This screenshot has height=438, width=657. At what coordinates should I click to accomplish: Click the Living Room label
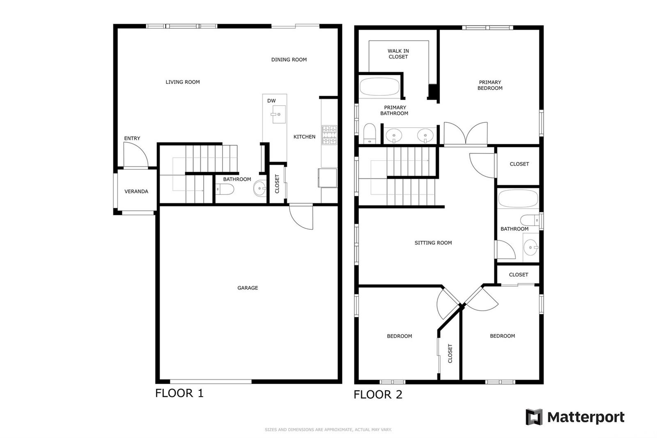[182, 82]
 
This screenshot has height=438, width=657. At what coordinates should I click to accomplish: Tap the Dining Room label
[289, 60]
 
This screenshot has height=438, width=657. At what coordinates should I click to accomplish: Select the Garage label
[248, 288]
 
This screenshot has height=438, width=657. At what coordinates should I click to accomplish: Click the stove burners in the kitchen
[329, 135]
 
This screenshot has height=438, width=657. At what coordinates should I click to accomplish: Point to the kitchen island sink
[278, 114]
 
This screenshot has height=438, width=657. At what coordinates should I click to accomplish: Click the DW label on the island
[271, 101]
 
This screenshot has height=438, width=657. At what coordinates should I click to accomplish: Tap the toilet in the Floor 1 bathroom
[225, 189]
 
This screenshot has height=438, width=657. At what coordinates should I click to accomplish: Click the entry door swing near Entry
[136, 155]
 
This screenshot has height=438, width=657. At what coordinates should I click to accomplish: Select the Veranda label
[136, 191]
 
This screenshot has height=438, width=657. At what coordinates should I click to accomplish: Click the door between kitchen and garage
[301, 217]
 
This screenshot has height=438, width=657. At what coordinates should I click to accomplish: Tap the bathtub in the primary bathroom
[379, 87]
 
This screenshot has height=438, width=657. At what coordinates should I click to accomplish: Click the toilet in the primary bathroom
[370, 134]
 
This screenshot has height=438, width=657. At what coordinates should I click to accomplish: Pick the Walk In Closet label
[398, 54]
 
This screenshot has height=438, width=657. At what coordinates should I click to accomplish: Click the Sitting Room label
[433, 243]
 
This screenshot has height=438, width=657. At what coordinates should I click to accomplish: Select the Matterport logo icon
[534, 417]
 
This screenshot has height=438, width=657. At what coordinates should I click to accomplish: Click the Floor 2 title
[378, 394]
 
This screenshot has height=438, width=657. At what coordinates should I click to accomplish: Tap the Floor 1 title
[179, 393]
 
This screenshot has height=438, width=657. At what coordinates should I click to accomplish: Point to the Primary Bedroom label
[490, 85]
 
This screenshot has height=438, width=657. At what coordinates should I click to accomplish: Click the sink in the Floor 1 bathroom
[260, 188]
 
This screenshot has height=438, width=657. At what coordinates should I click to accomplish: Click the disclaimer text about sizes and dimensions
[328, 429]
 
